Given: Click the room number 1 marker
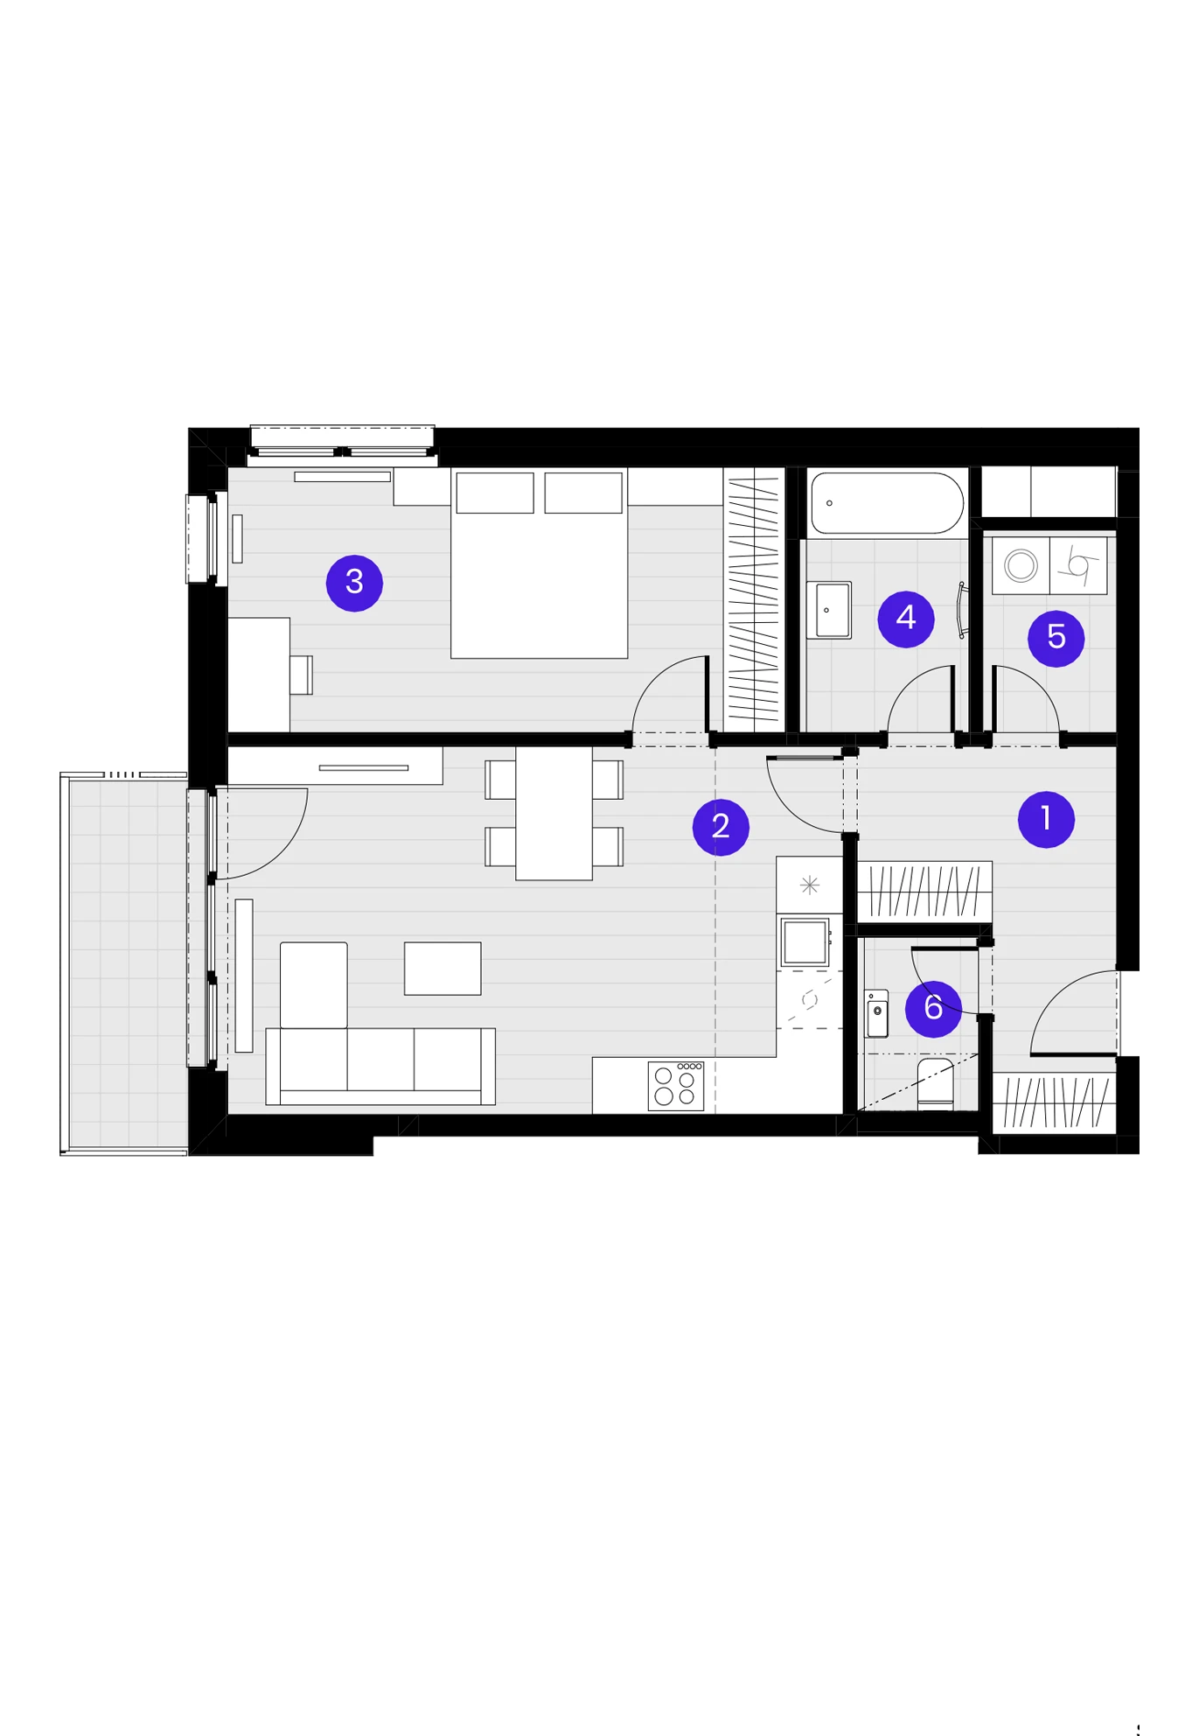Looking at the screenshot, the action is (x=1046, y=819).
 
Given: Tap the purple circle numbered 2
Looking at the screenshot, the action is (x=721, y=826).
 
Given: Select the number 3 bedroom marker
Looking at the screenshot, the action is (x=354, y=583).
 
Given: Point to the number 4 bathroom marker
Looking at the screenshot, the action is (x=906, y=619).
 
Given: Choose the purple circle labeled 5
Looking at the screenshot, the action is (x=1056, y=638).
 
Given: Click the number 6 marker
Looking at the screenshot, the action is (x=933, y=1008).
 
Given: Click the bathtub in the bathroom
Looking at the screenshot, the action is (x=887, y=503).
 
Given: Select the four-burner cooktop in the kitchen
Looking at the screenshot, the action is (x=676, y=1086).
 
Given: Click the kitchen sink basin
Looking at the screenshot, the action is (x=805, y=941).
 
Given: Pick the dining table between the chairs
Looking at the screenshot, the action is (x=554, y=813).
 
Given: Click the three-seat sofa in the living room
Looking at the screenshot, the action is (x=380, y=1066).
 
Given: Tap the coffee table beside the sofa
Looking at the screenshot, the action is (x=443, y=969).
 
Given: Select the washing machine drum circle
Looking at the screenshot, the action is (x=1021, y=565).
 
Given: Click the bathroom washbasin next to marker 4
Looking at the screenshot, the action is (x=829, y=610).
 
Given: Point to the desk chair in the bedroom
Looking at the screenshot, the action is (x=302, y=675).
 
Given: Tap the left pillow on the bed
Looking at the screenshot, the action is (x=495, y=493).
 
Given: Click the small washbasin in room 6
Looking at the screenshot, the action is (x=876, y=1013).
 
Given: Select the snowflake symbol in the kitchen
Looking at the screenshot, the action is (x=810, y=885).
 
